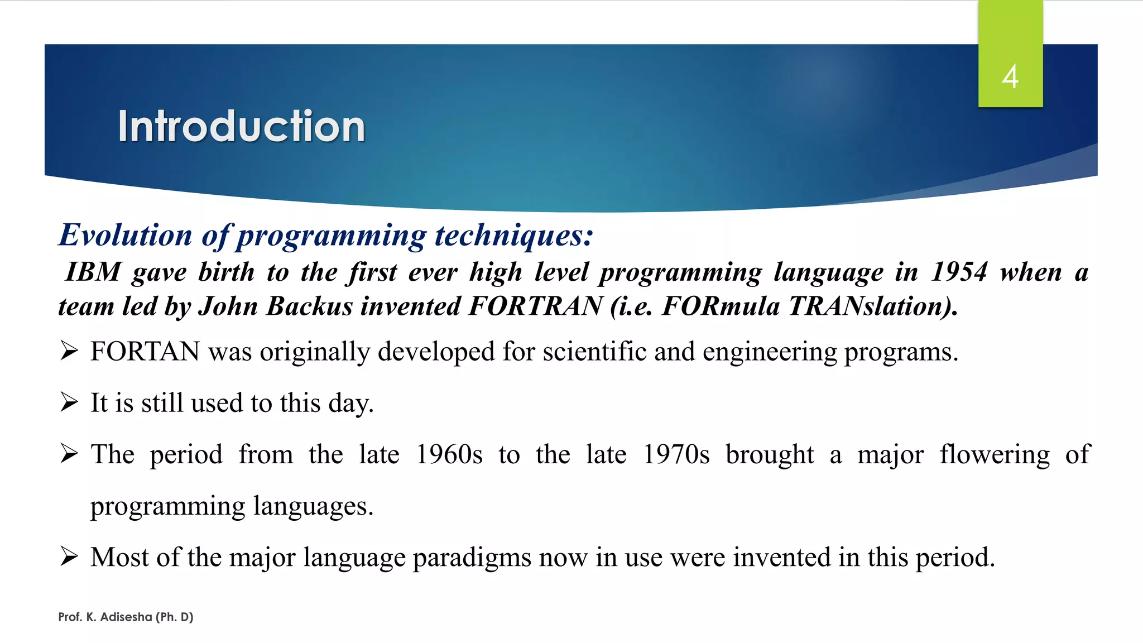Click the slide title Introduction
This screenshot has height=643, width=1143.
click(x=241, y=126)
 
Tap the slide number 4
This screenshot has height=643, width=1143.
click(x=1010, y=76)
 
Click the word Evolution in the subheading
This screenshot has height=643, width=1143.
click(x=126, y=235)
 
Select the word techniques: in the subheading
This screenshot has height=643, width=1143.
click(x=514, y=235)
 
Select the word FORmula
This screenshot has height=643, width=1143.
click(x=721, y=306)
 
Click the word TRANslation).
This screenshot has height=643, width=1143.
click(x=873, y=306)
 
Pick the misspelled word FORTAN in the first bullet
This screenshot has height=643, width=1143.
click(x=145, y=352)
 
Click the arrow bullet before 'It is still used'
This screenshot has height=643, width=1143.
click(x=69, y=402)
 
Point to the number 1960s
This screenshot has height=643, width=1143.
click(x=449, y=454)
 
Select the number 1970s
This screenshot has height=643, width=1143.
click(x=676, y=454)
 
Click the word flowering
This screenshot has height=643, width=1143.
click(x=995, y=454)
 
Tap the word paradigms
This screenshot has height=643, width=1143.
click(x=472, y=558)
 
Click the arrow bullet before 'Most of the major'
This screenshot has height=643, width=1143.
click(x=69, y=556)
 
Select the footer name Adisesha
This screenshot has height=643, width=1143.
click(x=126, y=617)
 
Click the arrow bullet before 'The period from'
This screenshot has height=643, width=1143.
click(x=69, y=454)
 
